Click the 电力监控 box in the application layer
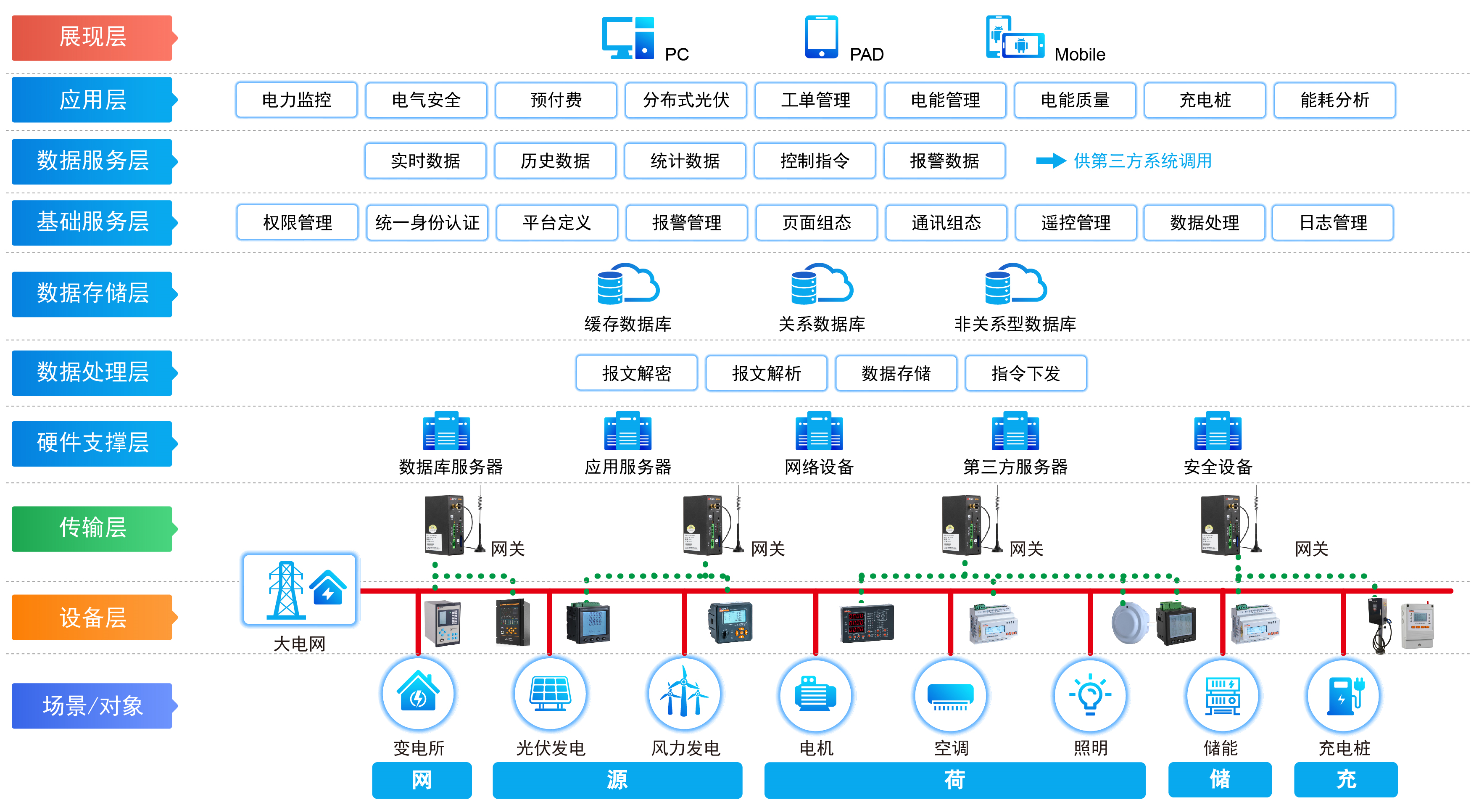click(x=296, y=100)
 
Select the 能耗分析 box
click(x=1334, y=100)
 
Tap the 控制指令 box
click(x=815, y=161)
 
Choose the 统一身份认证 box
click(x=427, y=222)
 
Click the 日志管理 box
click(x=1333, y=222)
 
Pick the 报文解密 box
click(x=636, y=373)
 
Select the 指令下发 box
click(x=1025, y=373)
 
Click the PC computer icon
click(x=627, y=38)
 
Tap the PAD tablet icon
click(x=821, y=37)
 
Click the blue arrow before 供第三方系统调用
click(x=1051, y=161)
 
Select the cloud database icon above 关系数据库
click(x=821, y=284)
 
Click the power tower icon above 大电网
click(x=285, y=590)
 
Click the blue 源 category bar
click(x=617, y=780)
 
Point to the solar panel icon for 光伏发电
click(x=550, y=694)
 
